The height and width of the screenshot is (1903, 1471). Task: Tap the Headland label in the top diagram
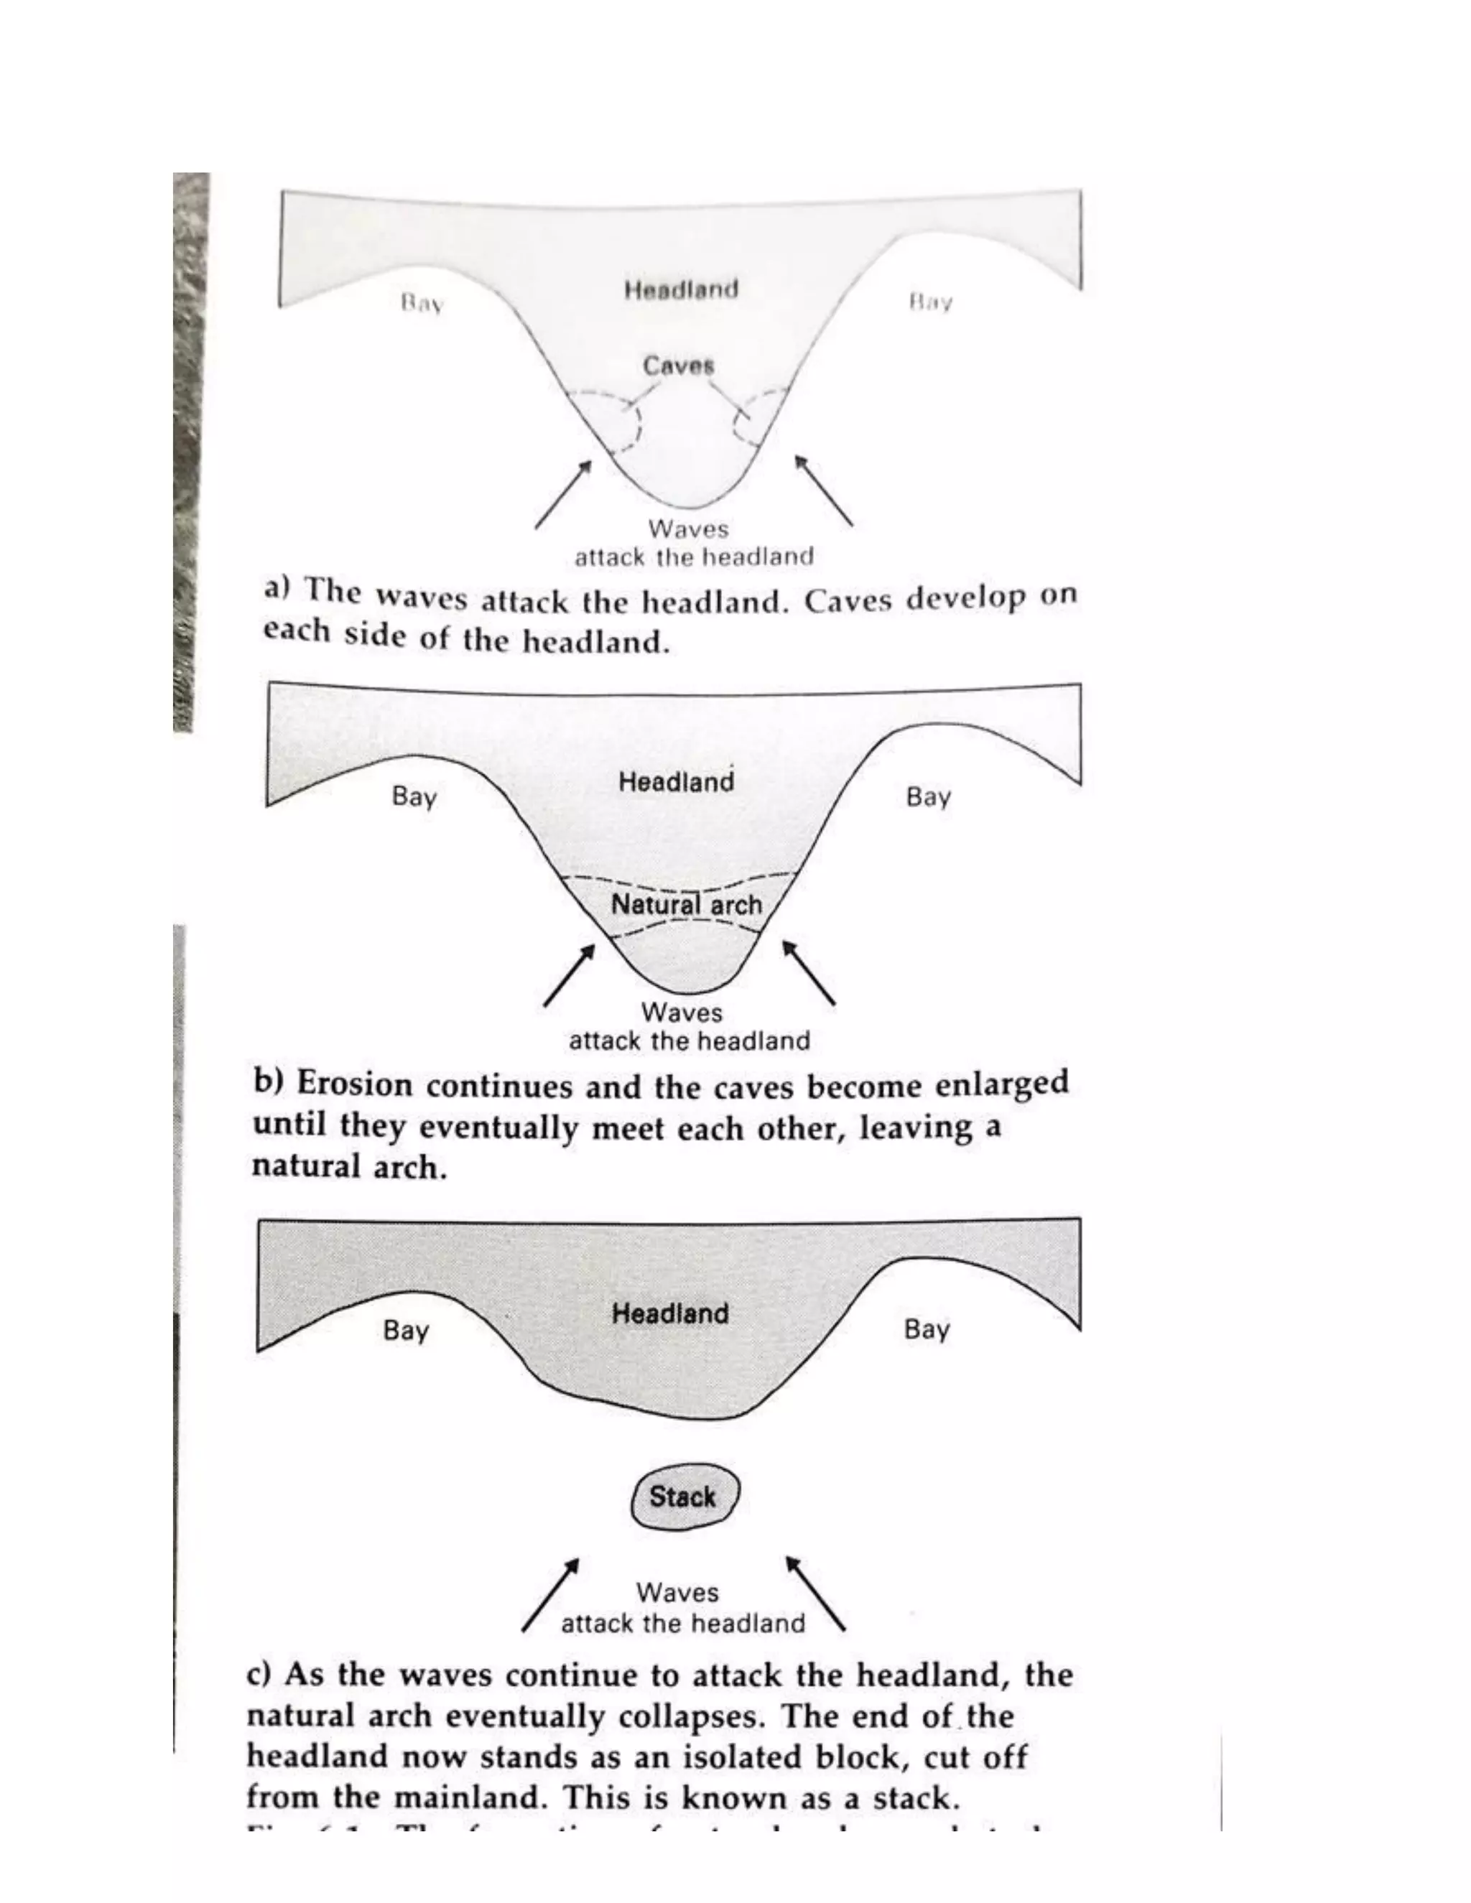(x=681, y=289)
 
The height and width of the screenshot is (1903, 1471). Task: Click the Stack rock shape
(x=684, y=1497)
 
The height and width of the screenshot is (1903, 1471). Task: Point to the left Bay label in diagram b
(x=414, y=796)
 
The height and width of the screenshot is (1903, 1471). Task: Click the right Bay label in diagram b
(x=928, y=796)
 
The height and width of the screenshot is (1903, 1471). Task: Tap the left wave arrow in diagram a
(x=562, y=494)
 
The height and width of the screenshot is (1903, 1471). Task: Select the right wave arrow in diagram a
(x=824, y=490)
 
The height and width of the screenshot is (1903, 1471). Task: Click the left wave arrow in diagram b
(x=569, y=975)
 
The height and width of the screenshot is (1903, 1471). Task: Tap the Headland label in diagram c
(x=669, y=1313)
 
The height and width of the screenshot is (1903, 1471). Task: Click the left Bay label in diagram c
(x=405, y=1331)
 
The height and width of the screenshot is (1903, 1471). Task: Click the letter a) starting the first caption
(x=277, y=589)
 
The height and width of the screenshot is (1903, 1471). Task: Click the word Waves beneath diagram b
(x=682, y=1013)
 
